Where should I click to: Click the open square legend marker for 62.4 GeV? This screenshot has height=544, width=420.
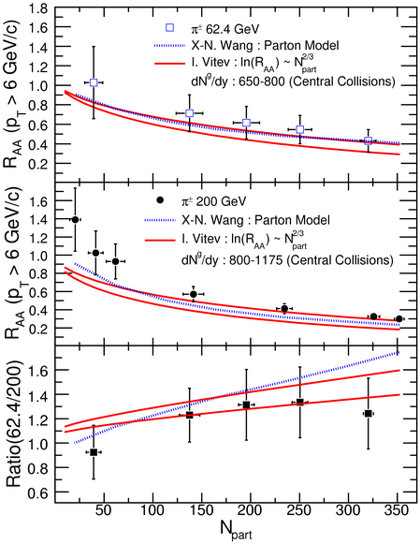tap(170, 28)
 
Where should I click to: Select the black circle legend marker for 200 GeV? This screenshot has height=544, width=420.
tap(160, 200)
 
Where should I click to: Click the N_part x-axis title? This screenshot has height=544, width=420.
tap(236, 530)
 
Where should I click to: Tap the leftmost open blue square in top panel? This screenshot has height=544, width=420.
tap(94, 82)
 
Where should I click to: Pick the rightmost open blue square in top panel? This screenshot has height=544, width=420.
tap(368, 140)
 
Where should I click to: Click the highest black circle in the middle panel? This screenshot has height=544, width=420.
tap(75, 220)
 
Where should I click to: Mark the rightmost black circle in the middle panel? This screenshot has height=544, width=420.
tap(399, 318)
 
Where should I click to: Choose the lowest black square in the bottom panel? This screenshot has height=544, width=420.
tap(94, 452)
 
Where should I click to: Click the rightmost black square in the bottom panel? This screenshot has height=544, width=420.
tap(368, 413)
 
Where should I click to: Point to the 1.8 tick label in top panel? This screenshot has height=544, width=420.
tap(38, 8)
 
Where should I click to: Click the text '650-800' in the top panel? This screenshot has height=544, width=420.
tap(261, 81)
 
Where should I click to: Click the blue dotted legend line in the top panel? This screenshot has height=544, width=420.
tap(170, 45)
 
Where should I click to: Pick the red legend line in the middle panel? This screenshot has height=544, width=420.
tap(160, 240)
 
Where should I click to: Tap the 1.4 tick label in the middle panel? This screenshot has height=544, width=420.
tap(38, 219)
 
